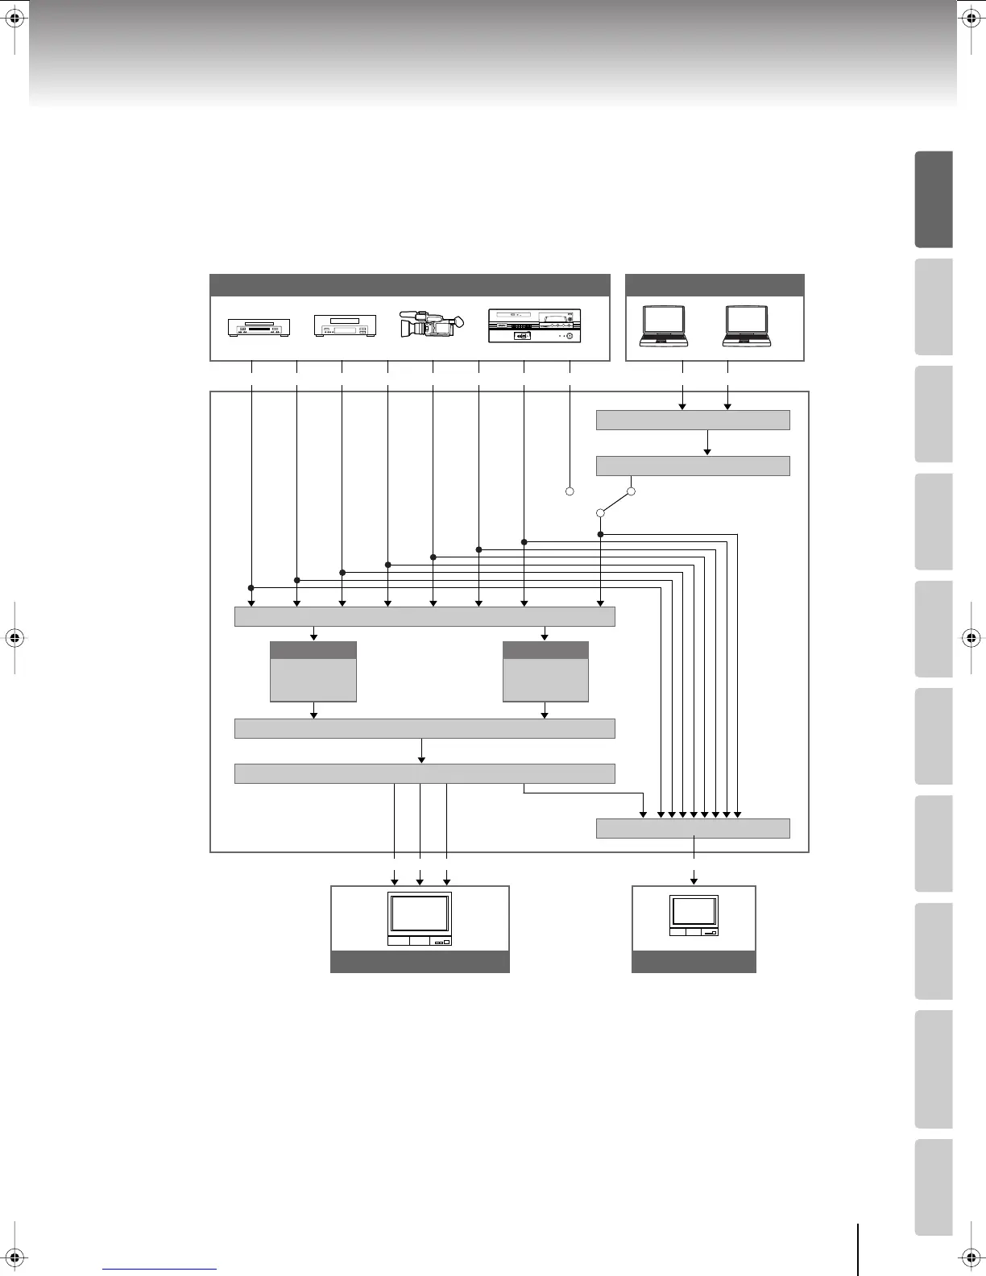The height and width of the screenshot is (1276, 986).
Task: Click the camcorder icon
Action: click(x=432, y=324)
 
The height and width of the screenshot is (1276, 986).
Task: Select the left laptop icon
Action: click(x=663, y=326)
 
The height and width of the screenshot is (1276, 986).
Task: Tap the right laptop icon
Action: click(x=746, y=326)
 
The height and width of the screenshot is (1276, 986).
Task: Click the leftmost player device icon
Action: click(x=259, y=327)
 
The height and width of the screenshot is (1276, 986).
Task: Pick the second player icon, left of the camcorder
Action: click(x=345, y=326)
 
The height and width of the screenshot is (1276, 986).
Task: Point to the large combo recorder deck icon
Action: click(x=534, y=326)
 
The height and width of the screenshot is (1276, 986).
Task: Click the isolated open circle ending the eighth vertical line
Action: click(x=569, y=491)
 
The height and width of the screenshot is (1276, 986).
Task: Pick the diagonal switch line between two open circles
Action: click(x=616, y=502)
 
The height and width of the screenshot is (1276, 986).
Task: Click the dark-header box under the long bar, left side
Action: click(x=313, y=672)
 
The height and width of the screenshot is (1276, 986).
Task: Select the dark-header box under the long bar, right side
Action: click(x=545, y=672)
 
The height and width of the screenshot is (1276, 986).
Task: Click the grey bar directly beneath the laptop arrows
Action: click(x=693, y=420)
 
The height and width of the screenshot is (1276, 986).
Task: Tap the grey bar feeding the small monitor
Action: click(x=693, y=828)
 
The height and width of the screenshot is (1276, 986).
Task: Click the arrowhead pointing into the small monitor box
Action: click(x=694, y=879)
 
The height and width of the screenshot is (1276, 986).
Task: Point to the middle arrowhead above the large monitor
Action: click(x=420, y=879)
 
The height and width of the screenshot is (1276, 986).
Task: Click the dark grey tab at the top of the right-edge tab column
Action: click(x=934, y=199)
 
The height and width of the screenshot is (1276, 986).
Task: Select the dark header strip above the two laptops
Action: click(x=715, y=285)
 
